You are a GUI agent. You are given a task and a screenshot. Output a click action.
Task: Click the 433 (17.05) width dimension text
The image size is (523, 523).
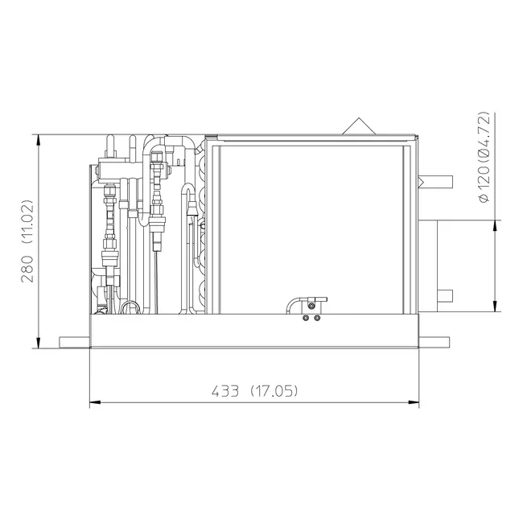[255, 391]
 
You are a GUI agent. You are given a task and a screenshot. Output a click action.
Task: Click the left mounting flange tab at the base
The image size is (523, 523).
[74, 343]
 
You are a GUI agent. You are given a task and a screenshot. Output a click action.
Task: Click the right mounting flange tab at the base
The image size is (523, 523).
[434, 343]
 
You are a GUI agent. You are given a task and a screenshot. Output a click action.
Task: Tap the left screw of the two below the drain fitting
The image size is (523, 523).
[306, 318]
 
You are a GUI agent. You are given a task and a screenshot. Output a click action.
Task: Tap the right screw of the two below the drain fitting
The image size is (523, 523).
[316, 318]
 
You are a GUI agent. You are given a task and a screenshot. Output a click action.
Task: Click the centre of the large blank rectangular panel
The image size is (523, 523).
[311, 229]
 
